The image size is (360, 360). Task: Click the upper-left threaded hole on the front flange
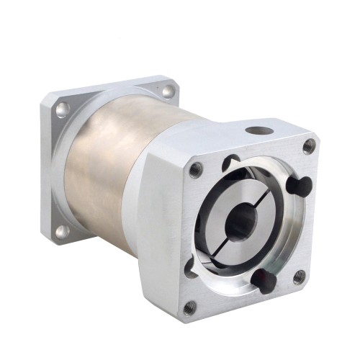tap(195, 170)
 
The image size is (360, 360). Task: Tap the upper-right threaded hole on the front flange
tap(308, 145)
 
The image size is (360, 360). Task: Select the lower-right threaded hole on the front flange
tap(299, 275)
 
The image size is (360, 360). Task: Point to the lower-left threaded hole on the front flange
tap(189, 307)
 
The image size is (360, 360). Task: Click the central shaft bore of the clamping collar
tap(240, 223)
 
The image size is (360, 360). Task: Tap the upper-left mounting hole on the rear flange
tap(63, 109)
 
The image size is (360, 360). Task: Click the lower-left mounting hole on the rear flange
tap(61, 231)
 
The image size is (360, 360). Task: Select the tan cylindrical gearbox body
tap(108, 173)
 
